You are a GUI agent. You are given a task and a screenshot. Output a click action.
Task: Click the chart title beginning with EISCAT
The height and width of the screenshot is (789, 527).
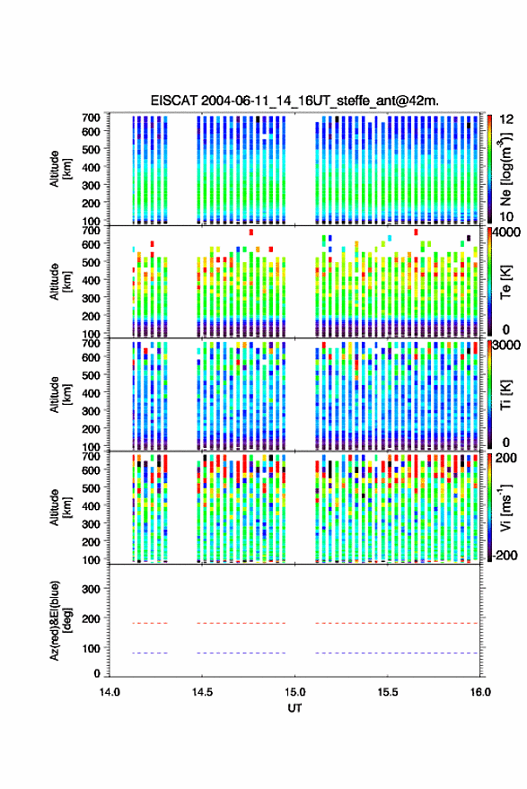(294, 101)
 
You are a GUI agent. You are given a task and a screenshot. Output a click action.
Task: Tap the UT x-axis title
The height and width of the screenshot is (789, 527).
(294, 708)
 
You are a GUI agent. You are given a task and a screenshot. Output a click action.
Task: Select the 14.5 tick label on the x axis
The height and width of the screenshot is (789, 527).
(202, 692)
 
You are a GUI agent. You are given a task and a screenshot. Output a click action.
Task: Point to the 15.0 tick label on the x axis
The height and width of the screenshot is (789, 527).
(294, 692)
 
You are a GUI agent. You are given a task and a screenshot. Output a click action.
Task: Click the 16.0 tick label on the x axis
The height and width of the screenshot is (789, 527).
(480, 692)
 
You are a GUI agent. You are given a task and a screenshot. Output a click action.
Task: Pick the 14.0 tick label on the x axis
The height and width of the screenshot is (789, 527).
(110, 692)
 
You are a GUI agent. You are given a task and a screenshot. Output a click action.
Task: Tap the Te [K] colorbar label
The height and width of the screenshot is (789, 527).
(505, 282)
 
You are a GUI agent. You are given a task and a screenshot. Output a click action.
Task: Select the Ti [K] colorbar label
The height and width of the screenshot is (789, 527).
(505, 395)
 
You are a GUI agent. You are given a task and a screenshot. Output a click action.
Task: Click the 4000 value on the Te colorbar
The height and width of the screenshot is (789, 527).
(507, 232)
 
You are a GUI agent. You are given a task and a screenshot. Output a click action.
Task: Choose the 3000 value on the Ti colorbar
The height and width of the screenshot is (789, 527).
(507, 346)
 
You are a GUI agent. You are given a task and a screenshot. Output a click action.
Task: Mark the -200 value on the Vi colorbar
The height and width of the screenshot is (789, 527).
(505, 556)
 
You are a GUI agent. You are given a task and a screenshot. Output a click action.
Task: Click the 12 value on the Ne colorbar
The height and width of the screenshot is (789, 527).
(507, 119)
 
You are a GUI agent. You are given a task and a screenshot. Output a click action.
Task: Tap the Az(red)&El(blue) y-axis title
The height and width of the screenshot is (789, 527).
(60, 620)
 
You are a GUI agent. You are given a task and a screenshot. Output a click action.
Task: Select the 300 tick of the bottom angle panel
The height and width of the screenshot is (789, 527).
(91, 589)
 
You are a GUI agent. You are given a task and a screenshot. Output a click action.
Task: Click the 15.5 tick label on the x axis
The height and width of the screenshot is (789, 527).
(388, 692)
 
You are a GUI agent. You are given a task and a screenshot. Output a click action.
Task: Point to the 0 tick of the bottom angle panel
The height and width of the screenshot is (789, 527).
(97, 673)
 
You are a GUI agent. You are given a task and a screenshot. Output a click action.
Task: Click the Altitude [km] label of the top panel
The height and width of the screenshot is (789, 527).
(60, 169)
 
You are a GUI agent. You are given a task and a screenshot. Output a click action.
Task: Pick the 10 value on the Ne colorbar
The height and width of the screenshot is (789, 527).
(507, 217)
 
